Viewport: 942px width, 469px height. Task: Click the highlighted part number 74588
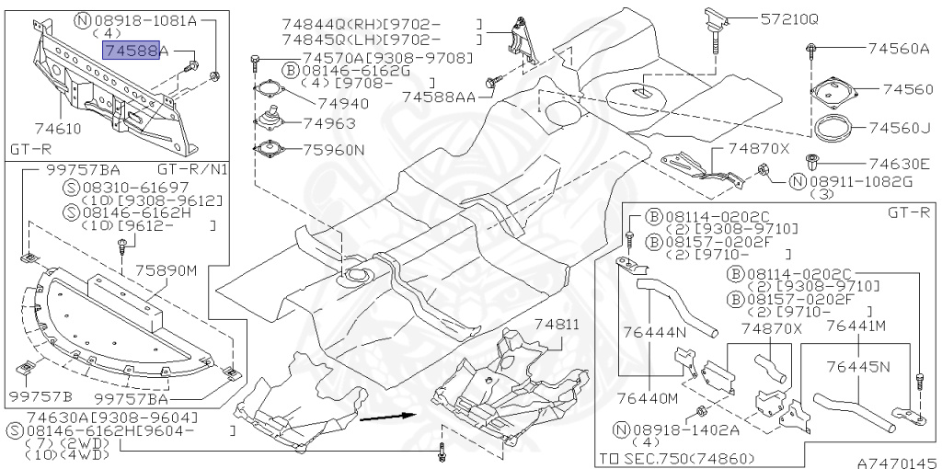[x=132, y=51]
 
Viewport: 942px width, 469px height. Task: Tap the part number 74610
[x=58, y=129]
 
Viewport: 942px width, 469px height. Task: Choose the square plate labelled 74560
[x=832, y=91]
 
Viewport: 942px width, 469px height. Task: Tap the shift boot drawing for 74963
[x=271, y=119]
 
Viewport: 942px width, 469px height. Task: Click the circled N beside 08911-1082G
[x=798, y=181]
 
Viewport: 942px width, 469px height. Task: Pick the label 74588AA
[x=439, y=97]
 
